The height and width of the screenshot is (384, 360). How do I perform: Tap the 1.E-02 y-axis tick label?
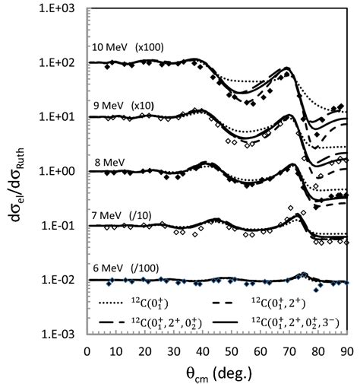(62, 281)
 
